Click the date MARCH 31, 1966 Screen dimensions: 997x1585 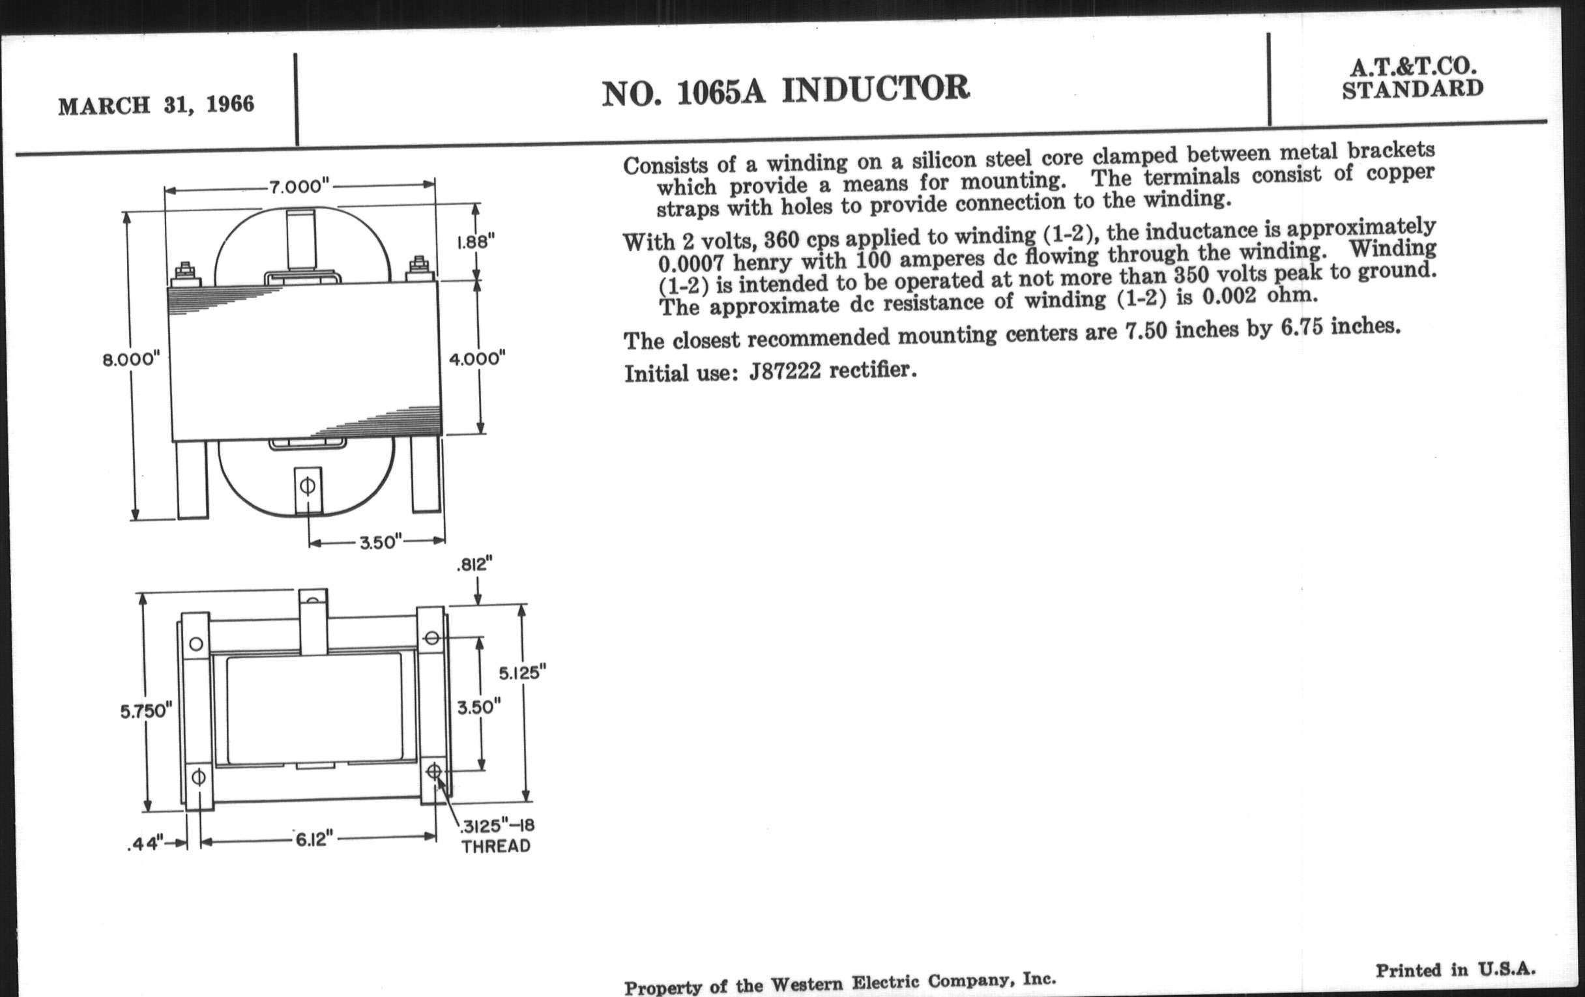coord(156,105)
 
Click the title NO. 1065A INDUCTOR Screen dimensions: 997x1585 coord(785,91)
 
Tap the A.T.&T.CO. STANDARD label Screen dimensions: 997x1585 coord(1412,78)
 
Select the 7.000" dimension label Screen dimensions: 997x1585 coord(298,186)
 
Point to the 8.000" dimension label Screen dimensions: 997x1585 coord(131,360)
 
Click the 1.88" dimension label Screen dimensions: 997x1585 coord(475,242)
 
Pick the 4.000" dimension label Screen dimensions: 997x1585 coord(477,359)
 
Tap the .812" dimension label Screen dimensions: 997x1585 coord(474,564)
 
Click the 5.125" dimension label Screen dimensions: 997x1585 coord(523,672)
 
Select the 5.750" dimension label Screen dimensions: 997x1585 coord(146,711)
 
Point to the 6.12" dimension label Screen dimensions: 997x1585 coord(314,841)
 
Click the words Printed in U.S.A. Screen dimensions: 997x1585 coord(1455,971)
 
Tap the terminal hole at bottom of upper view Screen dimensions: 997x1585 coord(307,486)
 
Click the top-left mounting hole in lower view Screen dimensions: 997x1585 coord(196,644)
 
